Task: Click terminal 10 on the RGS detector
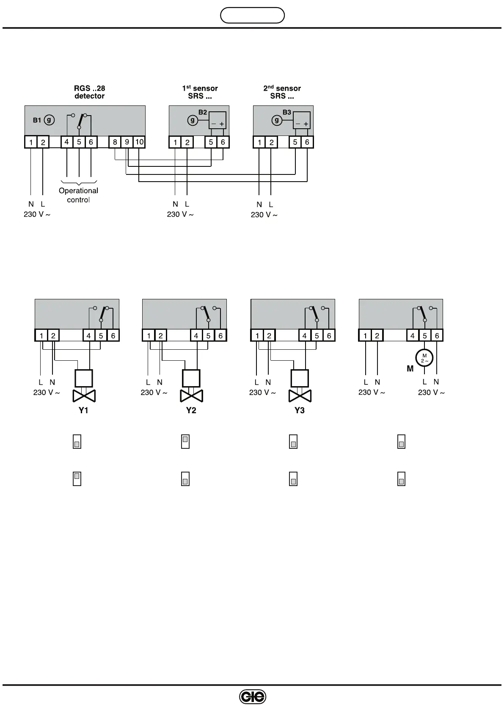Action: point(139,142)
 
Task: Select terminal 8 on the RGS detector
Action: point(115,142)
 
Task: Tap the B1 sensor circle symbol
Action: point(49,120)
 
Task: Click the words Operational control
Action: point(78,195)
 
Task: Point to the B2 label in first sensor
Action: point(203,112)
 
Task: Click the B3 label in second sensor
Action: point(287,112)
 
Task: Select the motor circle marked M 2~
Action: point(424,358)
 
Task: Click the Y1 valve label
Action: point(83,410)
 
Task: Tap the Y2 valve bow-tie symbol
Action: point(191,396)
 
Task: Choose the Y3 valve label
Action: point(299,410)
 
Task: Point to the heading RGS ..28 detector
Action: point(89,92)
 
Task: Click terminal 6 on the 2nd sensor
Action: point(307,142)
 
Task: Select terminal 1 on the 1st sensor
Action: point(175,142)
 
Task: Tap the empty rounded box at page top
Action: point(252,15)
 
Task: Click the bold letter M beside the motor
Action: point(410,369)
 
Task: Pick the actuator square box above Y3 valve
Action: point(300,379)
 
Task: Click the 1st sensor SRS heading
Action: point(200,92)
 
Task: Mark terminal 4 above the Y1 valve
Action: point(88,336)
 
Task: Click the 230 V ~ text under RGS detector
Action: point(37,214)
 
